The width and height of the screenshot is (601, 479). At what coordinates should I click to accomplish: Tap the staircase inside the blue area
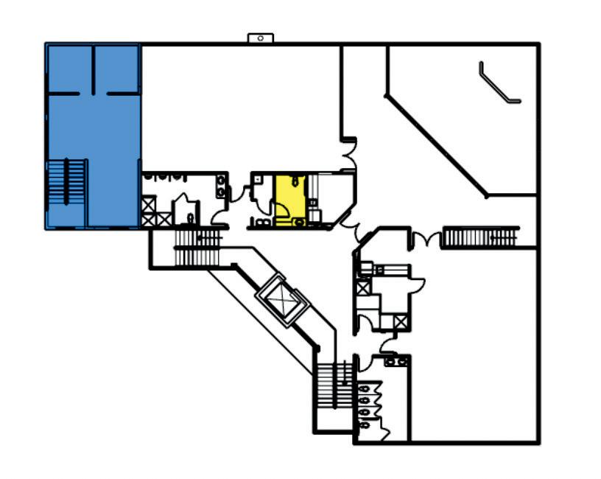67,181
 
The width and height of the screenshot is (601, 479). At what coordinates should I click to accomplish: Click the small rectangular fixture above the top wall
260,37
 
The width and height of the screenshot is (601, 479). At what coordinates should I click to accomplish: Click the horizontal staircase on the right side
479,238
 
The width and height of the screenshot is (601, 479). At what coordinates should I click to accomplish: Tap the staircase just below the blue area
197,247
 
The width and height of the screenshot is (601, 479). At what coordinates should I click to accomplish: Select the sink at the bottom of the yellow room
298,220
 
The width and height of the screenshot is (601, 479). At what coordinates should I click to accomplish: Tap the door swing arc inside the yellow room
282,210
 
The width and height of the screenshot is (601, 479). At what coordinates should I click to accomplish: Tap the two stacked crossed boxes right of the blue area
149,210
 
